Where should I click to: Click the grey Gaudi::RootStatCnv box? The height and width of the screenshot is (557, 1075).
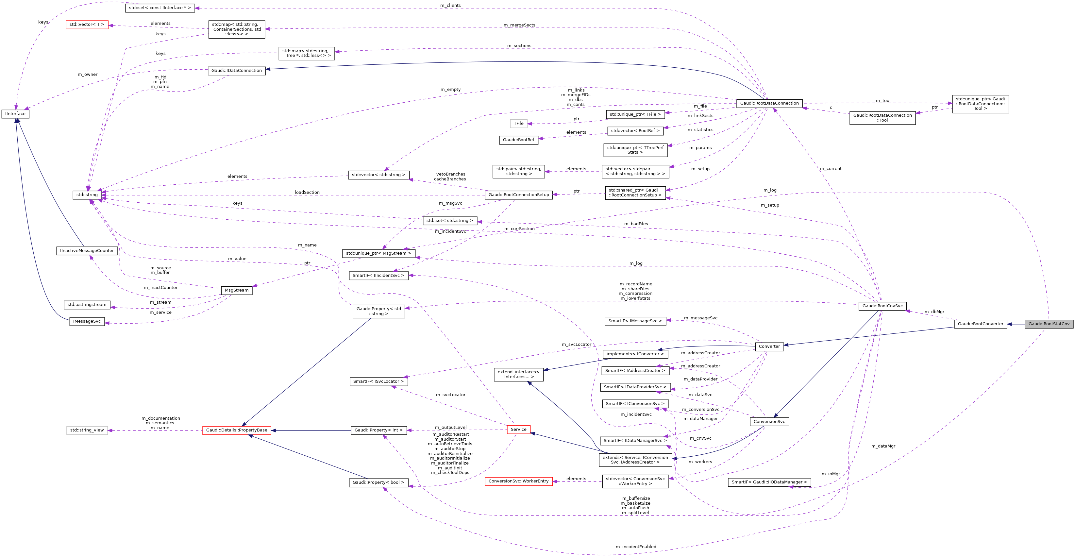coord(1049,324)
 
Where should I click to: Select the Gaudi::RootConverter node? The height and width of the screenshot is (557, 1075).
coord(980,324)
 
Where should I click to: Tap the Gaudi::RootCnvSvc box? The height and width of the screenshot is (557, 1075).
coord(882,306)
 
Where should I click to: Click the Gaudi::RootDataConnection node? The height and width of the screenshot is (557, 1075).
coord(769,103)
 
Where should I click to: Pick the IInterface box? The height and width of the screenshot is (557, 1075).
coord(15,113)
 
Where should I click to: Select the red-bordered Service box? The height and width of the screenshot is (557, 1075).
coord(518,429)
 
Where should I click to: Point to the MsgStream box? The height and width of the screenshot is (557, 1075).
coord(236,290)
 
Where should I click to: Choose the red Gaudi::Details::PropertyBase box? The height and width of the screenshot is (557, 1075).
coord(237,430)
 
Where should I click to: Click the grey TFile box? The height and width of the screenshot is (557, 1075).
coord(518,124)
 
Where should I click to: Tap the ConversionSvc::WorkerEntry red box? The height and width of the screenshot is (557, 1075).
coord(518,481)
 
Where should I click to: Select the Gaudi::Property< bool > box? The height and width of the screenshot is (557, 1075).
coord(378,482)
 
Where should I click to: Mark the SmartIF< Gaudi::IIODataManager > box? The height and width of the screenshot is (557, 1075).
coord(769,482)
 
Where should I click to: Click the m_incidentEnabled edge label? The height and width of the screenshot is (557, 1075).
coord(636,547)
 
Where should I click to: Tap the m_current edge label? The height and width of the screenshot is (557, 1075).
coord(831,169)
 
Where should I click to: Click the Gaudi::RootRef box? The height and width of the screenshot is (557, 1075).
coord(518,140)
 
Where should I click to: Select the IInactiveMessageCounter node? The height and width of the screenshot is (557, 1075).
coord(87,251)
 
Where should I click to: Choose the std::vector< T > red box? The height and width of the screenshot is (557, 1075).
coord(87,25)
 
